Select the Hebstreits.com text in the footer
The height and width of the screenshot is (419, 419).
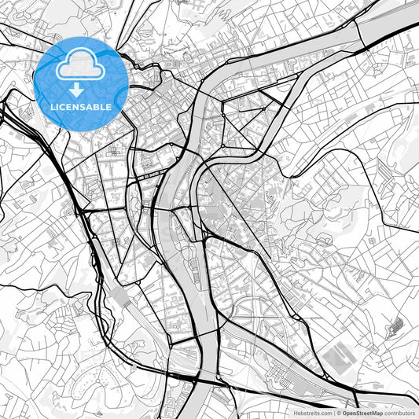pos(311,412)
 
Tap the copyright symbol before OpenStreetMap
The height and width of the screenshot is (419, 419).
pos(339,412)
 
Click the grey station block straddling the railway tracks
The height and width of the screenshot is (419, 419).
pos(122,297)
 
